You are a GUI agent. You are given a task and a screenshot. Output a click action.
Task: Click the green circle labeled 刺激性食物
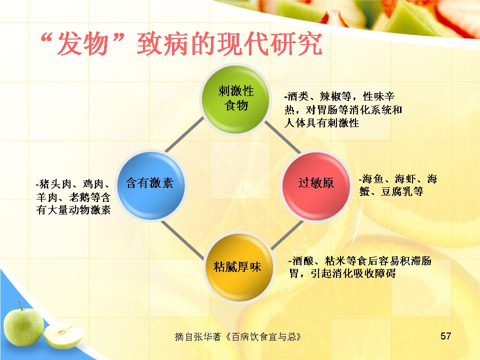tap(235, 99)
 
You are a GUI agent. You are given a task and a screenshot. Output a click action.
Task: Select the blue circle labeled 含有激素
tap(150, 185)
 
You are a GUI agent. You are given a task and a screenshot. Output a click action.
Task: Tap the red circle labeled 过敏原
tap(316, 185)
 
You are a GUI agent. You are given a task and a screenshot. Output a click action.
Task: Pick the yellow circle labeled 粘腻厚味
tap(237, 267)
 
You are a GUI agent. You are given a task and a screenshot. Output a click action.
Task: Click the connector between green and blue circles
tap(184, 135)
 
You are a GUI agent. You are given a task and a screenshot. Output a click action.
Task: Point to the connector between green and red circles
tap(282, 136)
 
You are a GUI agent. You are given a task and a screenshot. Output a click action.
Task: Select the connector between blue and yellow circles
tap(182, 239)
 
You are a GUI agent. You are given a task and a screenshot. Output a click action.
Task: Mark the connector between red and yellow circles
tap(287, 234)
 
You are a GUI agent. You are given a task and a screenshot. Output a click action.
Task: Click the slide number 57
tap(445, 336)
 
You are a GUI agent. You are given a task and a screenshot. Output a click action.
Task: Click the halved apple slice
tap(63, 336)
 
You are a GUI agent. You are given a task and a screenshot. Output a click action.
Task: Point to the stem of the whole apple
tap(20, 305)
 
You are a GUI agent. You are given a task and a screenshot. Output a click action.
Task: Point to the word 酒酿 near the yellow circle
tap(303, 261)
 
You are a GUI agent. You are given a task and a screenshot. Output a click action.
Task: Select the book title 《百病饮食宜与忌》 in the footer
tap(263, 336)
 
